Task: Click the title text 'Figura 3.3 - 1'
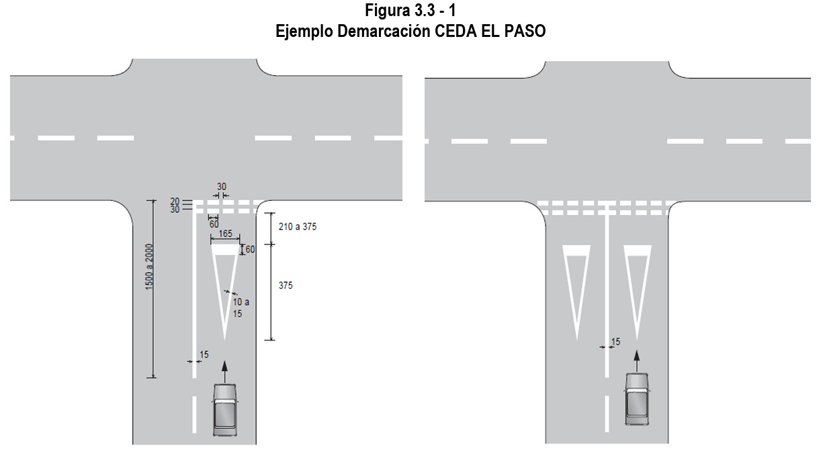(410, 10)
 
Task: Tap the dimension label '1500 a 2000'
(149, 267)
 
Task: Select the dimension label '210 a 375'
(297, 227)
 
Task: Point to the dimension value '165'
(226, 234)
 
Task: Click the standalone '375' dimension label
(286, 285)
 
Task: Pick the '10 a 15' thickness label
(241, 308)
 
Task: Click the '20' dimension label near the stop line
(175, 201)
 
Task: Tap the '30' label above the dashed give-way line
(222, 187)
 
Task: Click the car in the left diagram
(225, 410)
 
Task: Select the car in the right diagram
(637, 399)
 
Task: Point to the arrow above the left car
(225, 372)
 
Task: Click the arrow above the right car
(637, 362)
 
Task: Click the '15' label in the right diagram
(615, 342)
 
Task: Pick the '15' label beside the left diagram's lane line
(204, 355)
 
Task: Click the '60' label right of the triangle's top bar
(250, 250)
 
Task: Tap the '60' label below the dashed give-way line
(214, 224)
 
